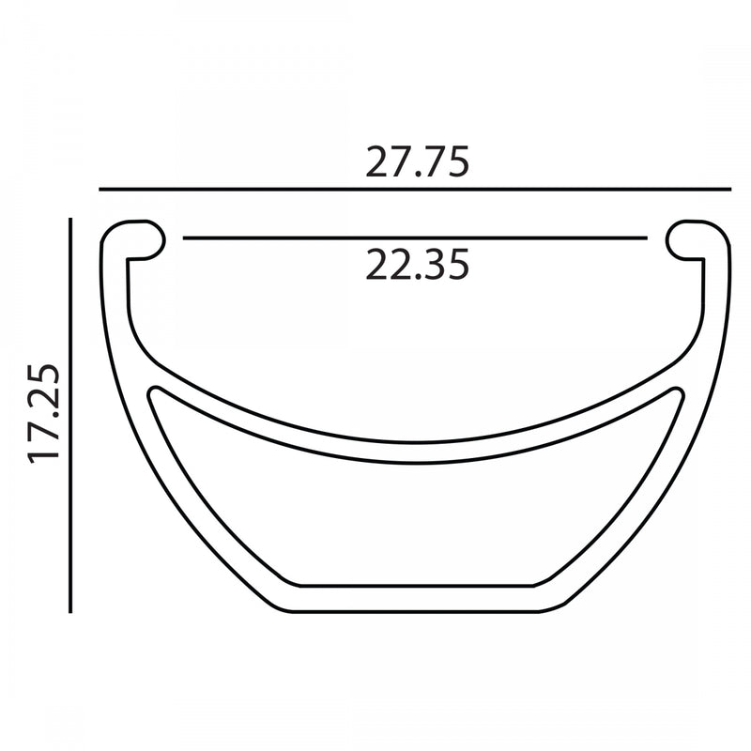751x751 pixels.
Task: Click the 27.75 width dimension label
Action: click(417, 161)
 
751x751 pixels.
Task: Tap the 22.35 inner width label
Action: click(417, 265)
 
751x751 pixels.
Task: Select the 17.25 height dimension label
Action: click(44, 414)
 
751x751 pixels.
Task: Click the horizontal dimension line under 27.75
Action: click(415, 190)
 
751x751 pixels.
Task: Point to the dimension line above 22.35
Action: click(415, 238)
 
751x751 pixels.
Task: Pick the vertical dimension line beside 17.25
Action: click(70, 415)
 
